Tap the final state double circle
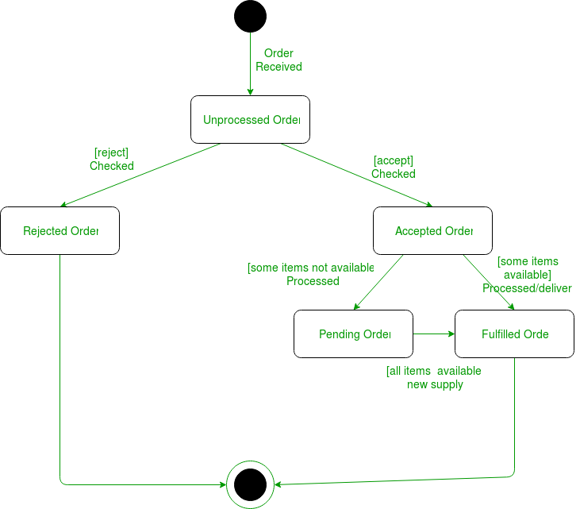pyautogui.click(x=250, y=483)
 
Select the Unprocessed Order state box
pyautogui.click(x=250, y=120)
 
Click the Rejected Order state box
pyautogui.click(x=60, y=231)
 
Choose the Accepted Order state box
pyautogui.click(x=433, y=231)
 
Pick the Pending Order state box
pyautogui.click(x=354, y=334)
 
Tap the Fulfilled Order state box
pyautogui.click(x=514, y=334)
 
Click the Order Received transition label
pyautogui.click(x=278, y=60)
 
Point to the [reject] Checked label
pyautogui.click(x=111, y=159)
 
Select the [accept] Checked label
pyautogui.click(x=394, y=167)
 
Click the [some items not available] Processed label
pyautogui.click(x=311, y=274)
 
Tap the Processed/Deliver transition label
pyautogui.click(x=528, y=275)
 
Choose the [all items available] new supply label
pyautogui.click(x=434, y=378)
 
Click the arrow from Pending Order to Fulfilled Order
pyautogui.click(x=434, y=334)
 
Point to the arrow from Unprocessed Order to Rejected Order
pyautogui.click(x=143, y=175)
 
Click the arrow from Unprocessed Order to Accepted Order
pyautogui.click(x=349, y=175)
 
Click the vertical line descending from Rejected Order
pyautogui.click(x=60, y=365)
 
